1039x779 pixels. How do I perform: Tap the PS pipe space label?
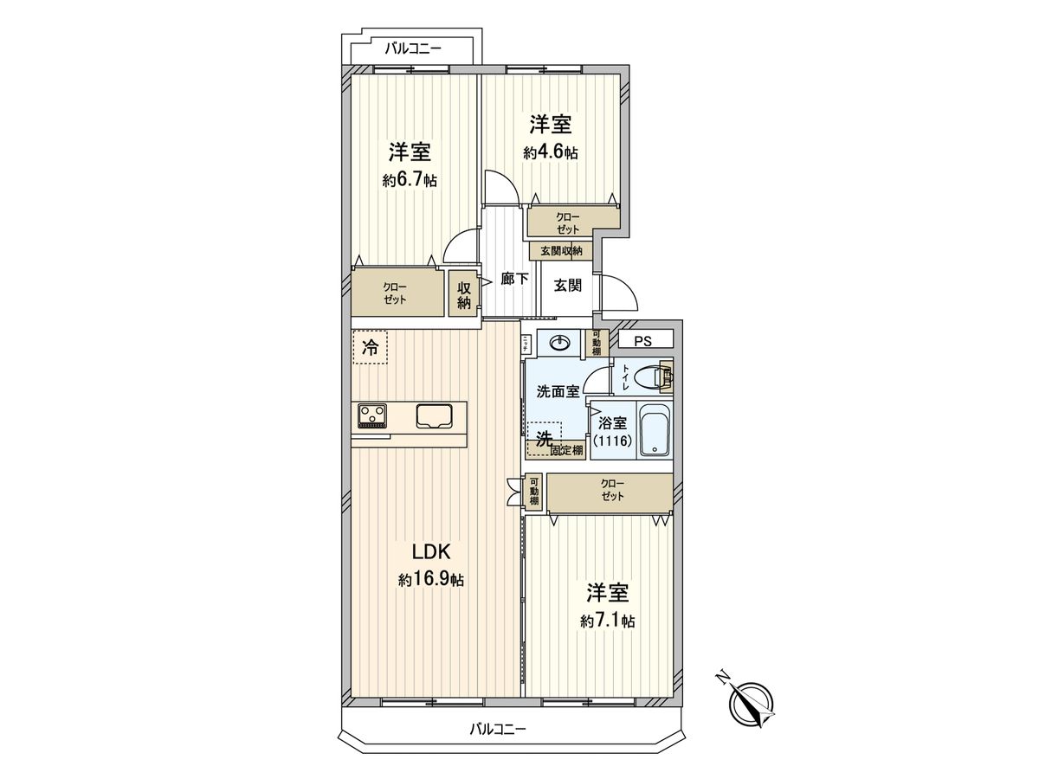click(x=642, y=341)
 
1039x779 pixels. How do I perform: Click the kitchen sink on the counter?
click(x=435, y=416)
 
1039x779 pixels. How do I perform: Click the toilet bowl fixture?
click(x=649, y=377)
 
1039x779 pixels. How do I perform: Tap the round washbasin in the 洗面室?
click(x=560, y=344)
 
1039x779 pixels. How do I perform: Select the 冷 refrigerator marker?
click(x=370, y=349)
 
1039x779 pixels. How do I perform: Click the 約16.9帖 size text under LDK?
click(x=431, y=580)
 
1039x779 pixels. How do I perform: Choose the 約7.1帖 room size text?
click(x=608, y=621)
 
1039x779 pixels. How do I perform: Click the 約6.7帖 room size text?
click(x=410, y=181)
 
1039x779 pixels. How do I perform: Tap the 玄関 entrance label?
click(x=568, y=285)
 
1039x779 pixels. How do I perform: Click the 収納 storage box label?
click(x=464, y=295)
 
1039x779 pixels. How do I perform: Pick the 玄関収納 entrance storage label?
click(x=561, y=251)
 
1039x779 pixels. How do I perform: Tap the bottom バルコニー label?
click(x=498, y=729)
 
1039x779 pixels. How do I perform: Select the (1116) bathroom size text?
click(x=613, y=441)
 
